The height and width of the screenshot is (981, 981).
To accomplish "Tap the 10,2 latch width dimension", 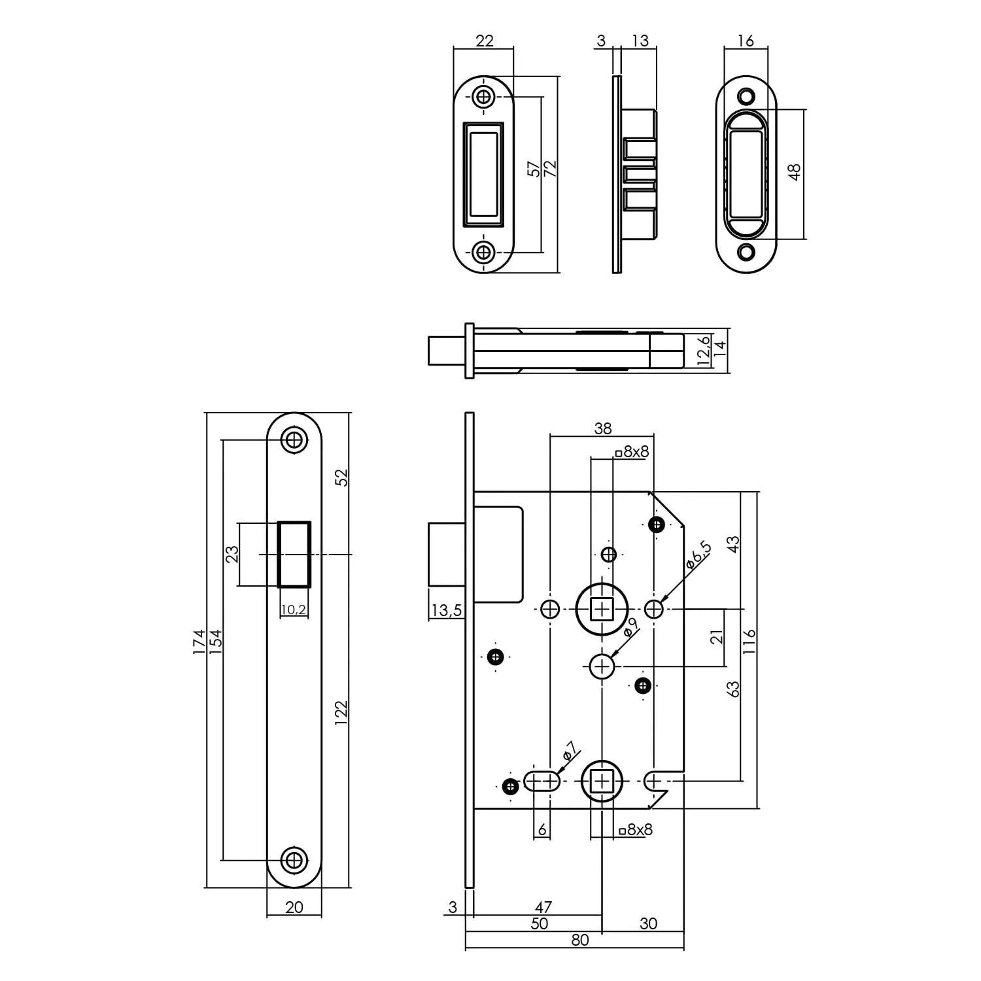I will pyautogui.click(x=294, y=610).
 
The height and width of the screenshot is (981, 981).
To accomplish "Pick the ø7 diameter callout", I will pyautogui.click(x=568, y=753).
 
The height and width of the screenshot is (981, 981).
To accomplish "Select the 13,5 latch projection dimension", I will pyautogui.click(x=446, y=611).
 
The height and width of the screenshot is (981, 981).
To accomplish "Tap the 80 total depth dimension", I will pyautogui.click(x=579, y=940).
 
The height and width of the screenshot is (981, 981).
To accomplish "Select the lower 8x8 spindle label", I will pyautogui.click(x=636, y=830).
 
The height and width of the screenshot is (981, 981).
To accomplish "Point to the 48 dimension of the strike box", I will pyautogui.click(x=795, y=173).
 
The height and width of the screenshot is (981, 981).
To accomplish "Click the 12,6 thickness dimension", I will pyautogui.click(x=703, y=351).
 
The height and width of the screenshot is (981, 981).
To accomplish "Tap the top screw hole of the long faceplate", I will pyautogui.click(x=294, y=439).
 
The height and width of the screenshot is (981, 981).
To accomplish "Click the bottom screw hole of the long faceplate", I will pyautogui.click(x=294, y=859).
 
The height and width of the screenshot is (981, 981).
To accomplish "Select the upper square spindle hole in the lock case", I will pyautogui.click(x=602, y=610).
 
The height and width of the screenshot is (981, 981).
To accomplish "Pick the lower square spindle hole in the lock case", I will pyautogui.click(x=602, y=781).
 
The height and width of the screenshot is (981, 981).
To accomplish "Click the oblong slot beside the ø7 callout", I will pyautogui.click(x=542, y=781).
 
